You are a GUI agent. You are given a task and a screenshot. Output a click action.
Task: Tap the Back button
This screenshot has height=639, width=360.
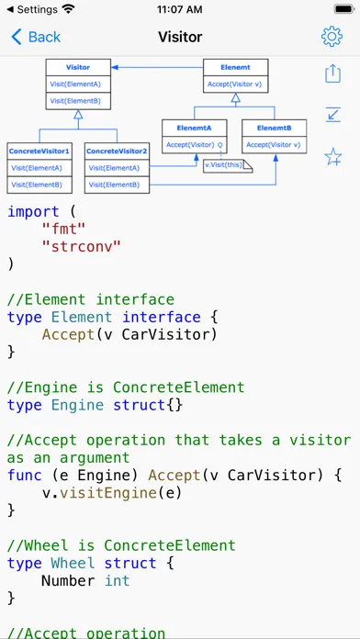click(36, 37)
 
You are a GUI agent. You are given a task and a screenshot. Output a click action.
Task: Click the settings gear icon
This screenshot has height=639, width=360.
click(332, 37)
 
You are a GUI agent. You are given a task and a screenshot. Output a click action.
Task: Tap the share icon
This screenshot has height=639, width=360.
click(332, 73)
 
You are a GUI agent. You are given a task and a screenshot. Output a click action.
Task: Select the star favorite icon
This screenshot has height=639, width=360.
click(332, 157)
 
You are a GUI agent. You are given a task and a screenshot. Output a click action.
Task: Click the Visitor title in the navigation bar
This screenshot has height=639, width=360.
click(180, 37)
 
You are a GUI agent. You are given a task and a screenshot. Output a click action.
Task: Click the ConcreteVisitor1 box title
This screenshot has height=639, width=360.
click(39, 150)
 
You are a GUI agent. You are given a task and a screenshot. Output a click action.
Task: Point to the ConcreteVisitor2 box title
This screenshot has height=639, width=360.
click(116, 150)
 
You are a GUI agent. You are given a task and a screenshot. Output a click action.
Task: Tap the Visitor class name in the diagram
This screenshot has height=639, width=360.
click(78, 68)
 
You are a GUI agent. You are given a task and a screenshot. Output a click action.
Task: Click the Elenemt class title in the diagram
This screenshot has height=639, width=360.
click(235, 67)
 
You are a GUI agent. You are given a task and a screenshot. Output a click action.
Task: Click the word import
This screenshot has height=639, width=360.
click(33, 211)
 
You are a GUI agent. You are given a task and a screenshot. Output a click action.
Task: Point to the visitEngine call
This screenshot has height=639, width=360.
click(114, 492)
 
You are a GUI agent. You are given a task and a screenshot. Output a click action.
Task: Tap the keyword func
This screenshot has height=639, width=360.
click(24, 475)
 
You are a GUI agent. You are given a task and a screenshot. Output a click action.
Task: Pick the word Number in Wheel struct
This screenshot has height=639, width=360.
click(69, 580)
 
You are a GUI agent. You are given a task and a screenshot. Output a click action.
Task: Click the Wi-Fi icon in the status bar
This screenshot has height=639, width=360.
click(68, 9)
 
